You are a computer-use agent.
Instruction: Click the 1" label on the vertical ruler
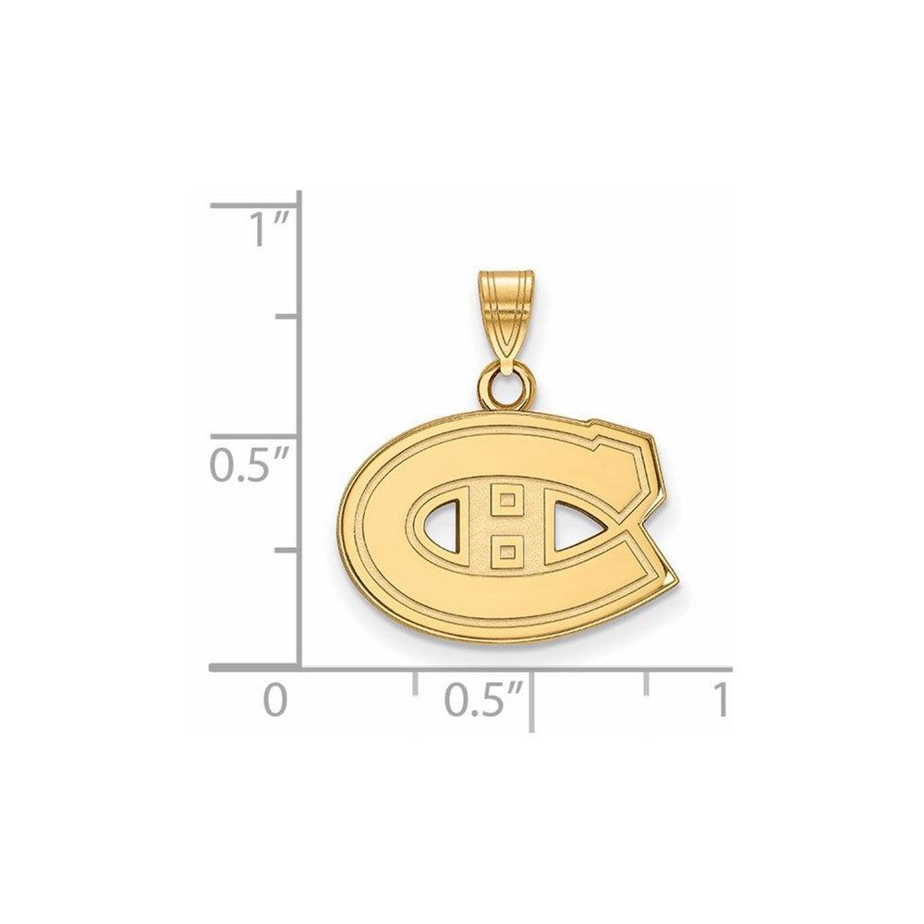269,230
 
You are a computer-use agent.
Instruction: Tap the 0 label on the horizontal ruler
275,700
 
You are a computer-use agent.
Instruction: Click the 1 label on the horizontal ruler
720,700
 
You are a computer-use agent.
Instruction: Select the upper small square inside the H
507,501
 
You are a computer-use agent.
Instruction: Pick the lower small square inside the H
507,553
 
